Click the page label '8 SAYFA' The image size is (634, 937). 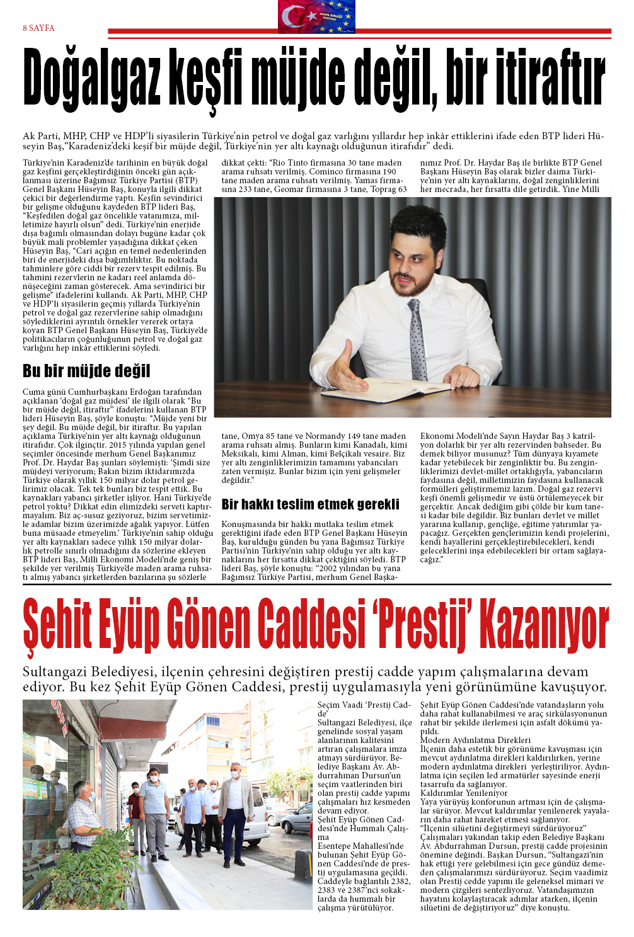click(38, 28)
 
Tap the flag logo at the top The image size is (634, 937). click(316, 16)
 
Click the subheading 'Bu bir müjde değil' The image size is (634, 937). click(86, 371)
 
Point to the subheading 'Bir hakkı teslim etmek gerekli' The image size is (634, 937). click(310, 504)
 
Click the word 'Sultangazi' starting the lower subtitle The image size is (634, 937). click(56, 672)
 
